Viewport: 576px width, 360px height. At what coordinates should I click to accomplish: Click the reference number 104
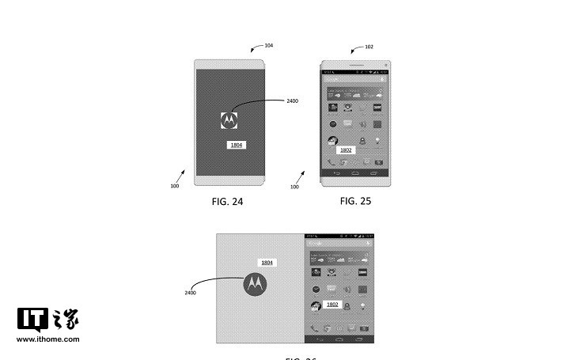tap(269, 46)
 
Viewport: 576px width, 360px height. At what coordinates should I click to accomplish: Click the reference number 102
tap(369, 47)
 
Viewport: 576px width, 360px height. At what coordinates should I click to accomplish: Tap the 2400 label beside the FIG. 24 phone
tap(292, 101)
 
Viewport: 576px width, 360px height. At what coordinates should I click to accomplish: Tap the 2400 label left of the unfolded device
tap(190, 293)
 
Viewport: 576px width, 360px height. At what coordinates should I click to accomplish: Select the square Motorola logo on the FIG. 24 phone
tap(229, 119)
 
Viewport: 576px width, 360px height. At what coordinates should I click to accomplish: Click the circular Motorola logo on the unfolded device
tap(255, 283)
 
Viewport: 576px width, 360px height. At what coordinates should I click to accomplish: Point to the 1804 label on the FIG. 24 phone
tap(236, 145)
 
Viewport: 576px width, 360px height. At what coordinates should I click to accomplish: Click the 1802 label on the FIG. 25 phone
tap(346, 150)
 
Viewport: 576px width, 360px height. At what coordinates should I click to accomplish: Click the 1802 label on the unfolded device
tap(332, 304)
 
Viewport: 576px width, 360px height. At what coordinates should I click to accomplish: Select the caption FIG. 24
tap(227, 202)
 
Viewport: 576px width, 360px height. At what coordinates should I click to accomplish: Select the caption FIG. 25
tap(355, 201)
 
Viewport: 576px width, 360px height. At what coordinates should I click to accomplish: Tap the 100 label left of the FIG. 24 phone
tap(173, 187)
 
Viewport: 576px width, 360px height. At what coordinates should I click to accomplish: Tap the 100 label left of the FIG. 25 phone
tap(294, 187)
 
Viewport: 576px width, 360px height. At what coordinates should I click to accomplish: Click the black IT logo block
tap(32, 319)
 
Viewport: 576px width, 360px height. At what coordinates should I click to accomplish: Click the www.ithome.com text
tap(48, 339)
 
